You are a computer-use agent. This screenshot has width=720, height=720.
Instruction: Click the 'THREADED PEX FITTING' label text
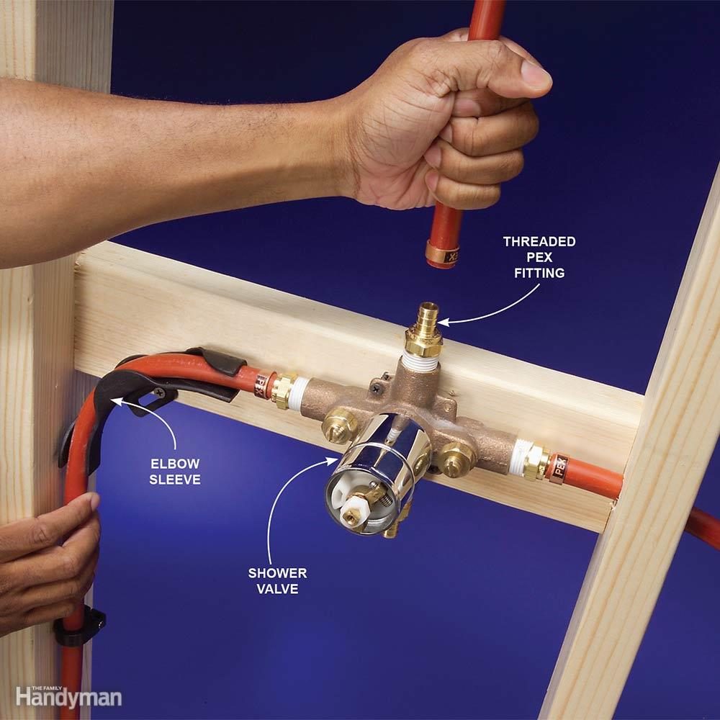[x=539, y=257]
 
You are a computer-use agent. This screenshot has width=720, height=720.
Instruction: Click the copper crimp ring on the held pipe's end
[x=442, y=255]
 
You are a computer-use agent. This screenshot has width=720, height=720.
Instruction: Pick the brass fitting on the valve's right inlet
[x=535, y=462]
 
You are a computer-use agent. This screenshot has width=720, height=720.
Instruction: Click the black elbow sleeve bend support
[x=101, y=403]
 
